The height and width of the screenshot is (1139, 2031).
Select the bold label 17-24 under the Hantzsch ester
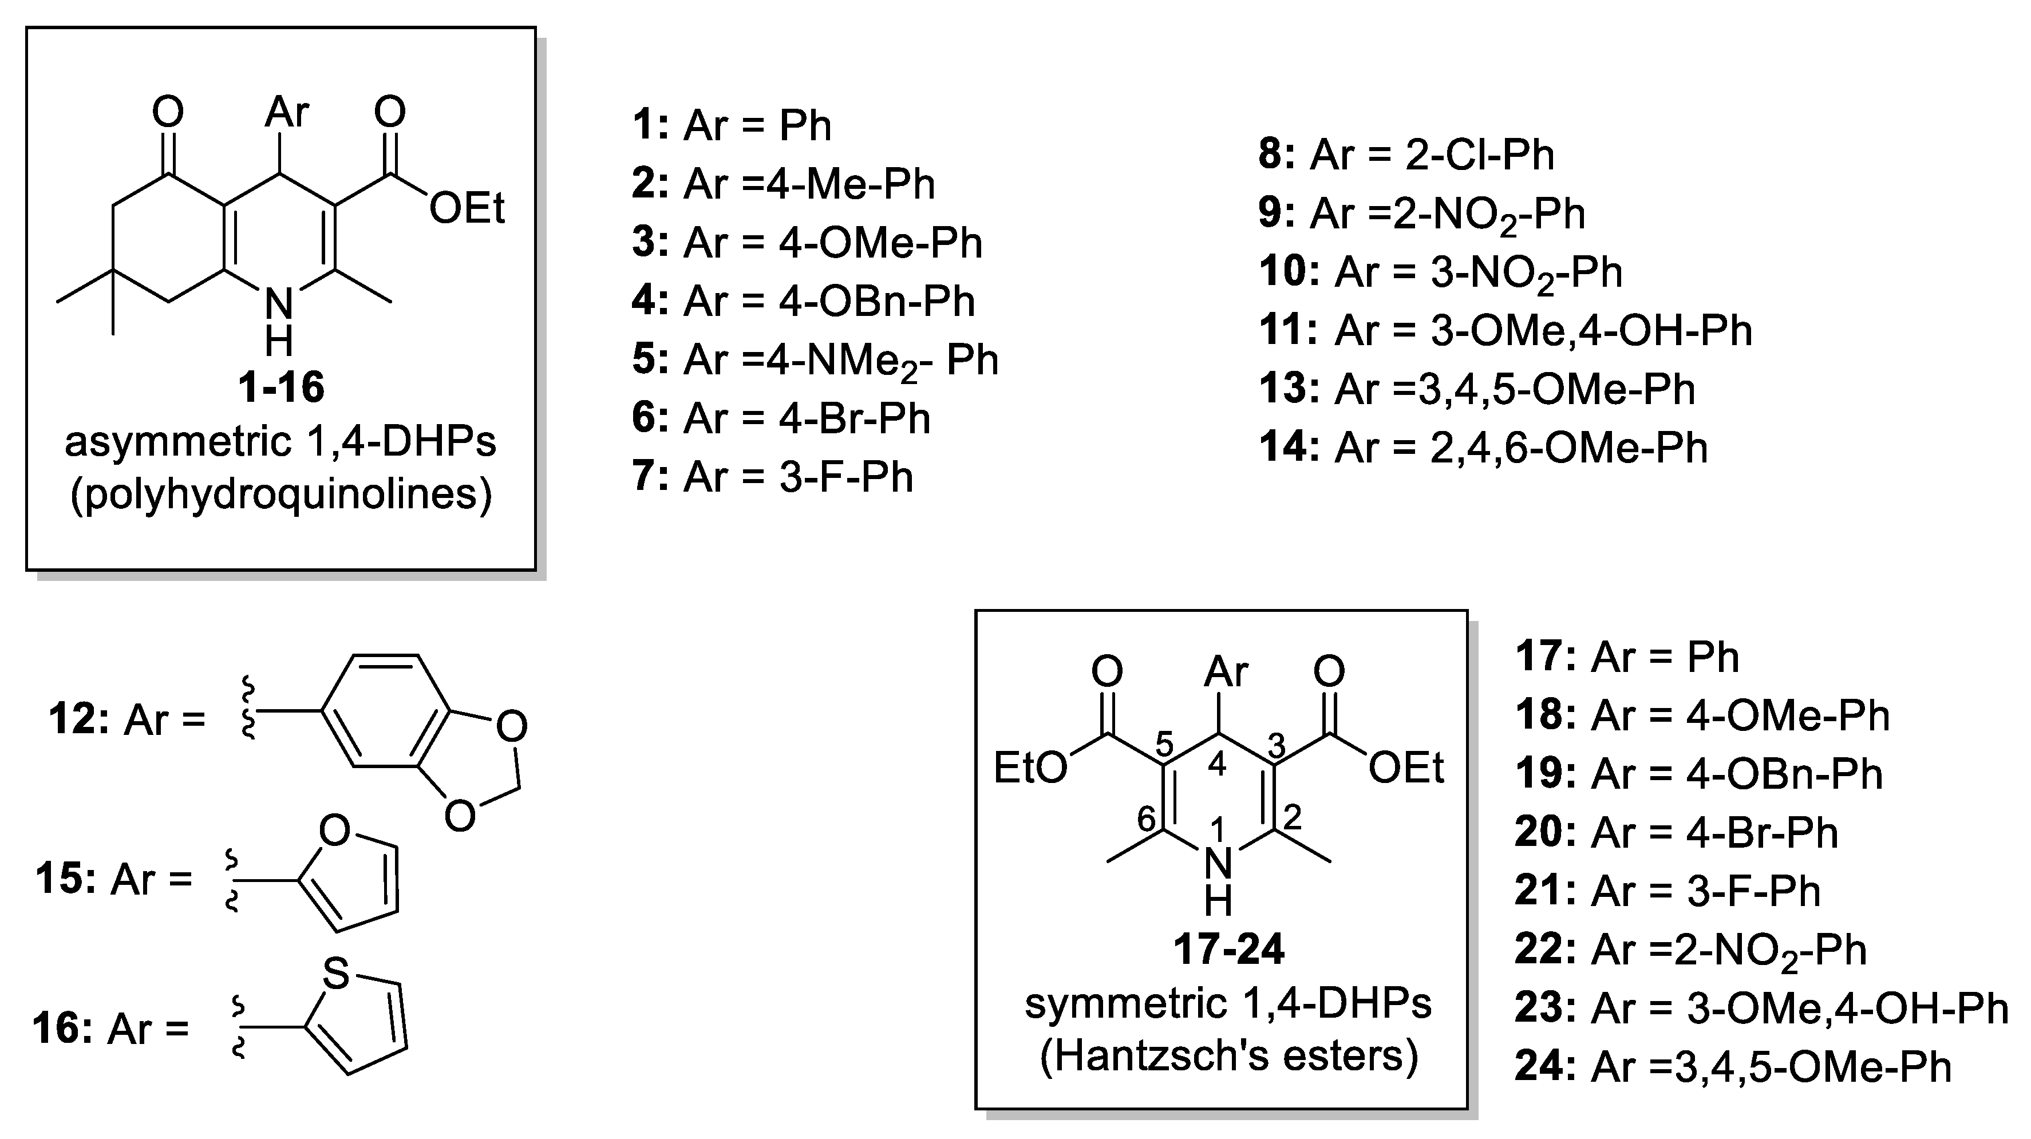tap(1228, 949)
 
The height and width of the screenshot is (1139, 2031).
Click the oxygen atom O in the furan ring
tap(335, 831)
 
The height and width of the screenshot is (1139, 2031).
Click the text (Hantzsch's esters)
tap(1228, 1056)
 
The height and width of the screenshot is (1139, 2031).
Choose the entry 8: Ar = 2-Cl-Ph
tap(1406, 155)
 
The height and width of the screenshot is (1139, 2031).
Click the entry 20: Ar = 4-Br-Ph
tap(1676, 832)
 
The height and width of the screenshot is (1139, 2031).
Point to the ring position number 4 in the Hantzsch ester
tap(1216, 764)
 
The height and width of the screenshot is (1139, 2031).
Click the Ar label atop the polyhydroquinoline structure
tap(287, 112)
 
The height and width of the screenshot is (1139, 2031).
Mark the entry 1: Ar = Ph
tap(732, 125)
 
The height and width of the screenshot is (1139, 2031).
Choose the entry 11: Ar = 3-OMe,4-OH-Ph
tap(1505, 330)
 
